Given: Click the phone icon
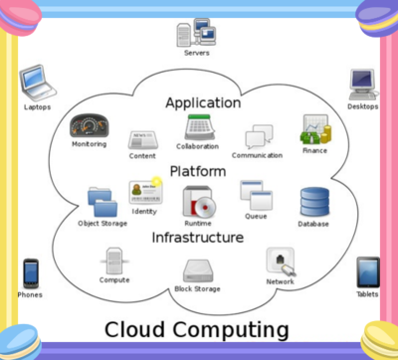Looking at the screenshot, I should [31, 272].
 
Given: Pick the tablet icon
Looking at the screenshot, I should [367, 271].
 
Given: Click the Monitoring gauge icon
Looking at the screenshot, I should [89, 126].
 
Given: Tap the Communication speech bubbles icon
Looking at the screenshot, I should [258, 136].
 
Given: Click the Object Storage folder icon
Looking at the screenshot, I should [101, 202].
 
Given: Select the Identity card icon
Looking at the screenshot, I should [144, 191].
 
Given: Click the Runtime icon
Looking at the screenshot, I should [197, 201].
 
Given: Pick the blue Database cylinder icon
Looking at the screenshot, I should [313, 202].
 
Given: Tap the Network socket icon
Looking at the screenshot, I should [280, 262].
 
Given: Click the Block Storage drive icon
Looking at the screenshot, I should [197, 270].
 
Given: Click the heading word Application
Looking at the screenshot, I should [203, 102].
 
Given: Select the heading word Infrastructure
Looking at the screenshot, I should [197, 238].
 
